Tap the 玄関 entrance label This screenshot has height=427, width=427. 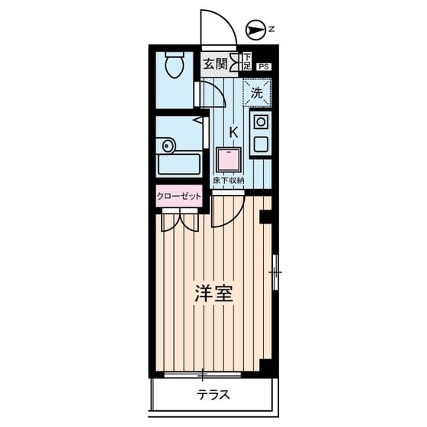[215, 65]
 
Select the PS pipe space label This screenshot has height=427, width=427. [264, 67]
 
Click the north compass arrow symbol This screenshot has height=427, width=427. [255, 30]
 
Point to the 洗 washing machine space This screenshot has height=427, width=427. [257, 92]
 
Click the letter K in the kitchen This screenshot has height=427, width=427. [233, 133]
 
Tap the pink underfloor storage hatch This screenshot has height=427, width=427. [229, 160]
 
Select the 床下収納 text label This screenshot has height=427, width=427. [228, 180]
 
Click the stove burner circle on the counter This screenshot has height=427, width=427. [261, 121]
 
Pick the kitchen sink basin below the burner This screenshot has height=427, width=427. [261, 145]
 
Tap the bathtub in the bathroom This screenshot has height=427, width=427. [179, 165]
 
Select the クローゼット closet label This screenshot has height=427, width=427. [179, 196]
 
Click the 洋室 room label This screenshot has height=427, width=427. [213, 294]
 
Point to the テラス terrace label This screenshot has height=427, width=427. [213, 395]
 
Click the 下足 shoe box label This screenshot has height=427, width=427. [247, 62]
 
